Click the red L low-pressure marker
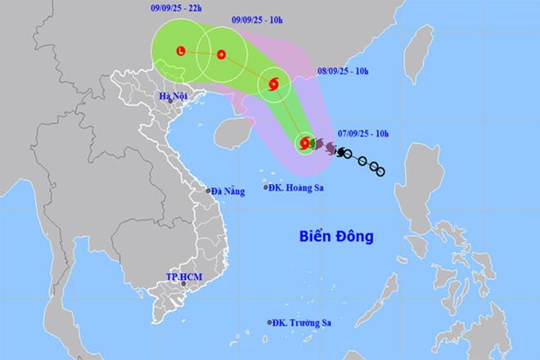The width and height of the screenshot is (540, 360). click(180, 52)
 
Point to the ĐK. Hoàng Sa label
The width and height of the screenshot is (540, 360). click(297, 187)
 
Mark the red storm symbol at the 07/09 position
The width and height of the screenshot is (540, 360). click(304, 144)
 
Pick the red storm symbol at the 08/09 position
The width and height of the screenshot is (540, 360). click(273, 83)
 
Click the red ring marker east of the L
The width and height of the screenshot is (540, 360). click(221, 55)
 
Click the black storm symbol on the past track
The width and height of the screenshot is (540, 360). click(340, 152)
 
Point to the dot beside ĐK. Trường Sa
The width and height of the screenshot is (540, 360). click(268, 322)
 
